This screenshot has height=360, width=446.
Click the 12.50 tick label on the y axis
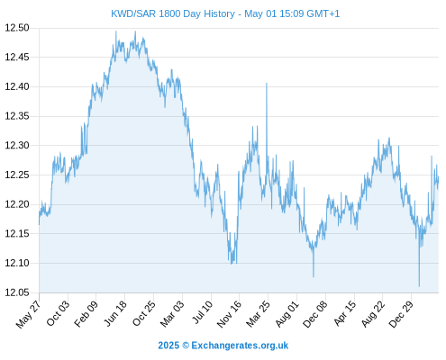point(17,28)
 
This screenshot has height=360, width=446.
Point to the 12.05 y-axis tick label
point(17,292)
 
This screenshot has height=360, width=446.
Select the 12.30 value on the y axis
point(17,146)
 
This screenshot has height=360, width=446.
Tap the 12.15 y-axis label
point(17,234)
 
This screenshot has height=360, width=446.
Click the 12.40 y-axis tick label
point(17,86)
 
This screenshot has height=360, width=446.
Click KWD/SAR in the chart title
point(133,13)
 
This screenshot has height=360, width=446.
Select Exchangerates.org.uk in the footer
point(240,346)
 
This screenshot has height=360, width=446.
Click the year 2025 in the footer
point(168,346)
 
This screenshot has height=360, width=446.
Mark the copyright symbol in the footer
point(186,346)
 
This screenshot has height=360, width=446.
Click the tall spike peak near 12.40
point(267,83)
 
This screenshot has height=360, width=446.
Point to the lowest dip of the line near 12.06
point(419,286)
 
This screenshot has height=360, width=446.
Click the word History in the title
point(218,13)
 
